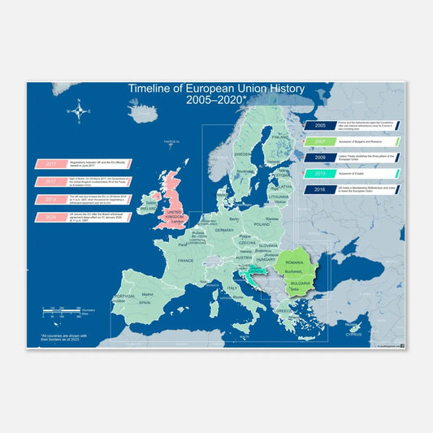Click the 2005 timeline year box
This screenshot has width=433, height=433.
319,126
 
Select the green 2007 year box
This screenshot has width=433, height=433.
319,141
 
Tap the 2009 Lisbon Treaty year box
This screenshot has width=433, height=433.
319,157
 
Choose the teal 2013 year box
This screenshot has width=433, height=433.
319,173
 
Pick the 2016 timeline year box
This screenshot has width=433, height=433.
319,189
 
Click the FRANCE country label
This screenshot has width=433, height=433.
185,261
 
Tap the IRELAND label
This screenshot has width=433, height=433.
149,208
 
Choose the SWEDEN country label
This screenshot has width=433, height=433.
242,153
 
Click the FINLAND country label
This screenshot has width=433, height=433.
281,138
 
